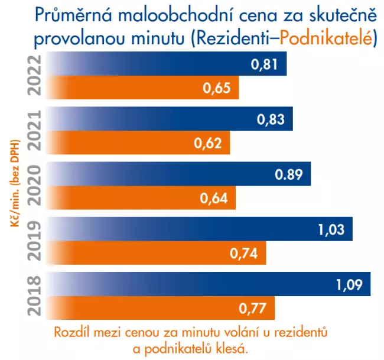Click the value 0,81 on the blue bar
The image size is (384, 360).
(x=264, y=65)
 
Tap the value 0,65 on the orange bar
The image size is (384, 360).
(x=216, y=89)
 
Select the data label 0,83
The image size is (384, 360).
(x=271, y=119)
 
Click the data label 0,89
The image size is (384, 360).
(x=289, y=174)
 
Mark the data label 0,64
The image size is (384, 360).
(x=213, y=198)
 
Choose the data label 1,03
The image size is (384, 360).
(x=331, y=229)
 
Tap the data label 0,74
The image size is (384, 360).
(x=243, y=253)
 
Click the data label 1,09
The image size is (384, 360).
(x=349, y=284)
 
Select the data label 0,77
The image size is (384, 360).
(x=252, y=308)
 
